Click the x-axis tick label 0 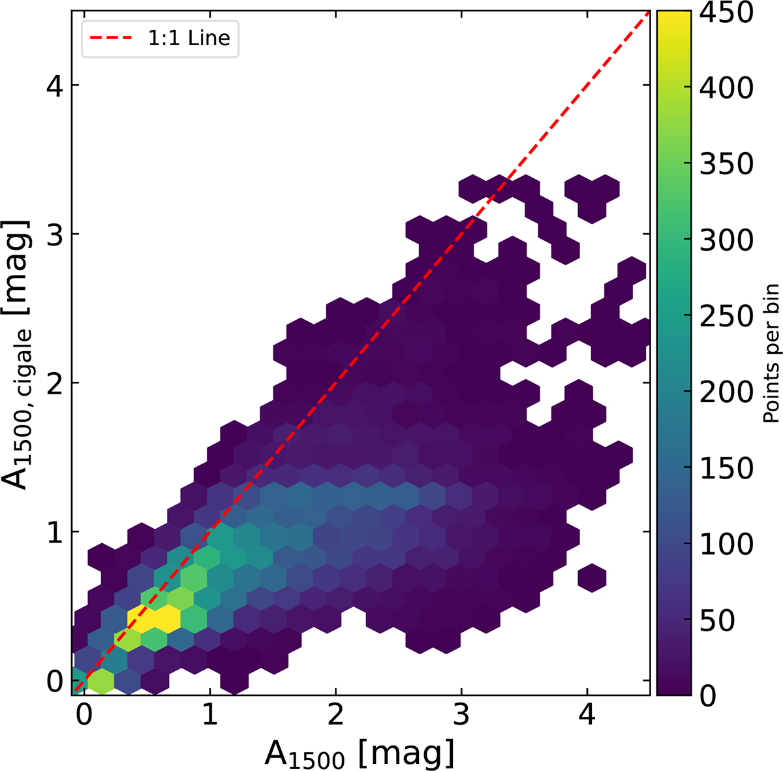point(84,716)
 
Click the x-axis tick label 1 point(209,716)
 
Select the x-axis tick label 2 point(335,716)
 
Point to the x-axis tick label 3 point(461,716)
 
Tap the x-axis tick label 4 point(587,716)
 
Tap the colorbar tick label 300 point(726,240)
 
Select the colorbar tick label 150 point(726,468)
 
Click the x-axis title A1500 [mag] point(359,754)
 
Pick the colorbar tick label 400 point(726,87)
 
